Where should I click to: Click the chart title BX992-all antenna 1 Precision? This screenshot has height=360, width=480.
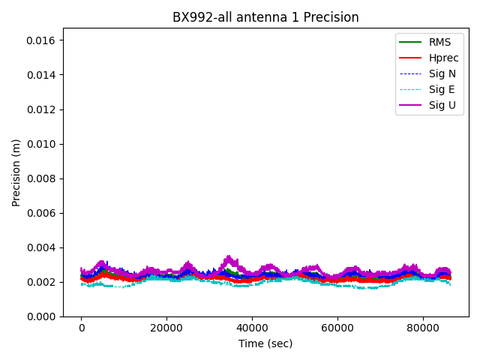coord(265,17)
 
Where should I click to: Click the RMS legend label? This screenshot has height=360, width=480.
coord(439,42)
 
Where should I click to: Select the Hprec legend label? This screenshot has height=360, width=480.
coord(443,58)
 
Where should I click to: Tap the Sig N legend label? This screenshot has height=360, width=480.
coord(442,73)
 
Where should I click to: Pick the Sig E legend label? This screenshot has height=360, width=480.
coord(442,89)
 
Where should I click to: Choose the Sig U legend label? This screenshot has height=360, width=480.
coord(442,105)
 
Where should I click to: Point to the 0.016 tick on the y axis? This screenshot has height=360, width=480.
coord(43,40)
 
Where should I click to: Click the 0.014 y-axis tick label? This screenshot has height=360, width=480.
coord(43,75)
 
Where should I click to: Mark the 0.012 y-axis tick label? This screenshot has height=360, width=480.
coord(43,109)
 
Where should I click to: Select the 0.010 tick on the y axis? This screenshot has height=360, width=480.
coord(43,144)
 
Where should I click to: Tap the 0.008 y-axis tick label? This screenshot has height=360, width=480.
coord(43,178)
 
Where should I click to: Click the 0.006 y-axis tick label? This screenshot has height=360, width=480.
coord(43,213)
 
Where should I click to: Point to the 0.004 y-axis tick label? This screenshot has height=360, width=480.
coord(43,247)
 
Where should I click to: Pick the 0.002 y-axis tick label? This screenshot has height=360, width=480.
coord(43,282)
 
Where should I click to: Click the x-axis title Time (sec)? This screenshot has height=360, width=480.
coord(265,343)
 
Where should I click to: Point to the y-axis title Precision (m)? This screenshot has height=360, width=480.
coord(16,172)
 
